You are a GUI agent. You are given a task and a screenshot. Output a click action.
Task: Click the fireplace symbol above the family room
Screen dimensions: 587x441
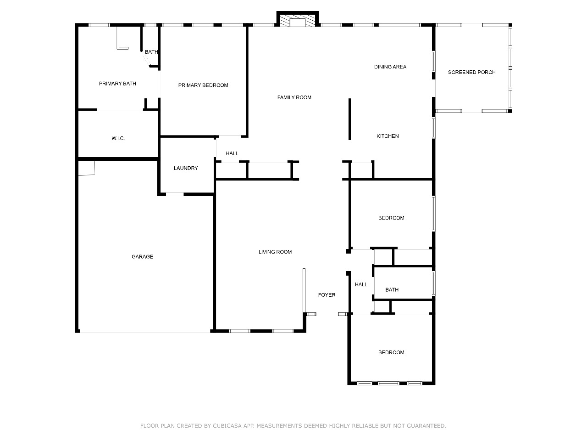pos(297,19)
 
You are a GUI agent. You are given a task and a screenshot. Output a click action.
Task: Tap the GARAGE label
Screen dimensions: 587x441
pos(142,257)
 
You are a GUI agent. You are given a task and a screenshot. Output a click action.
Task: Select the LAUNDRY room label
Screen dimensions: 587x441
pos(186,168)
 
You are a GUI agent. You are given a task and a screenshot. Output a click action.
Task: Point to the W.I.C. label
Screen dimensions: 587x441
pos(118,138)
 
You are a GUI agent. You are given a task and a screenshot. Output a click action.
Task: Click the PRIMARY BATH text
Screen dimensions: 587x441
pos(117,84)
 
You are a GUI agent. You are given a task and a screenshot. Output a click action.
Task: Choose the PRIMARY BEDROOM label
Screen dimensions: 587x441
pos(203,85)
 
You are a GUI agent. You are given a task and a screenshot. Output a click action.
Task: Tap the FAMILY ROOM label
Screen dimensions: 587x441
pos(294,97)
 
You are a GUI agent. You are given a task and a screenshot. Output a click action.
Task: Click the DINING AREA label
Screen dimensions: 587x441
pos(390,67)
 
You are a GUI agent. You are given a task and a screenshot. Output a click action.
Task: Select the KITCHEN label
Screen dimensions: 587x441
pos(388,136)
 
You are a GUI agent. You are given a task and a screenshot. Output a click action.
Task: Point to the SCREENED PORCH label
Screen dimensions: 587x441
pos(472,72)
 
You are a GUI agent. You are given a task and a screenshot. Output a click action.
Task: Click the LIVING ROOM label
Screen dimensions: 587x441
pos(275,252)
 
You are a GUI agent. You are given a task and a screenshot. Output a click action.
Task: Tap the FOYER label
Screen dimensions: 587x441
pos(327,295)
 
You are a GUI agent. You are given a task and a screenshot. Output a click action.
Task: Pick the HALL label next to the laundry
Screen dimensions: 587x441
pos(232,153)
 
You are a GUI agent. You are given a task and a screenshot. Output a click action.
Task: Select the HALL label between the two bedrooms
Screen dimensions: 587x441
pos(361,285)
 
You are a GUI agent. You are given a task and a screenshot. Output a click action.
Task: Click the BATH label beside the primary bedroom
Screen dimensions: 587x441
pos(151,52)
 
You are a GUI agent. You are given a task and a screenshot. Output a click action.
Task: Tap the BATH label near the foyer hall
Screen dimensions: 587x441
pos(392,290)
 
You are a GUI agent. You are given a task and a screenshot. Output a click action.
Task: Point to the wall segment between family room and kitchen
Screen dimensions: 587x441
pos(349,119)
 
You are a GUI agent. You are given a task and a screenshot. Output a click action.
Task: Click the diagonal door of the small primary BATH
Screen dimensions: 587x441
pos(146,58)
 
